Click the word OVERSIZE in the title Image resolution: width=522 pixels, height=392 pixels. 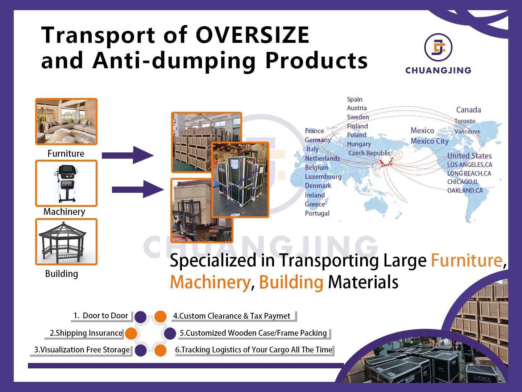[x=252, y=35]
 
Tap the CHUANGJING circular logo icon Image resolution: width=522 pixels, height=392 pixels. [x=438, y=48]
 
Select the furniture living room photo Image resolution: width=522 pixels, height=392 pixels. [x=66, y=122]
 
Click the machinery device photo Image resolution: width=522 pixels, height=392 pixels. [x=66, y=183]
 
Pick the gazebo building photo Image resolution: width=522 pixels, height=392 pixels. [x=66, y=242]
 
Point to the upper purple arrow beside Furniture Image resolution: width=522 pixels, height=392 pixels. [x=128, y=155]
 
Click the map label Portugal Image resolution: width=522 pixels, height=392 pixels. [x=317, y=213]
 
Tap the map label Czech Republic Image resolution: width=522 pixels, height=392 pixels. [x=369, y=153]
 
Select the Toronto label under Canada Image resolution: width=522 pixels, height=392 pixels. [x=465, y=121]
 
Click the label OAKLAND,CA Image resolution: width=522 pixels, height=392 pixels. [x=465, y=191]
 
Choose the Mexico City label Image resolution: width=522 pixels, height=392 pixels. [x=430, y=141]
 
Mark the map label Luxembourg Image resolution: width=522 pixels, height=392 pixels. [x=323, y=177]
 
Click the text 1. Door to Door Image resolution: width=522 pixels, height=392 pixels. [x=101, y=316]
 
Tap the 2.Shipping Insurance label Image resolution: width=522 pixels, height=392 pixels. [x=86, y=333]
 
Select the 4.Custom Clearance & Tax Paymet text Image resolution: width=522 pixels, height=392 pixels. [x=232, y=316]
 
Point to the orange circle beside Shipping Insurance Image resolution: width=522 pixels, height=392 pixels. [x=131, y=334]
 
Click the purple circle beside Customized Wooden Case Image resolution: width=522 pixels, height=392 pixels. [x=170, y=334]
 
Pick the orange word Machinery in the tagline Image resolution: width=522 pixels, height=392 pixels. [x=210, y=282]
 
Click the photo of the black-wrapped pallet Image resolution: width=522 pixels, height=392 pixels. [x=240, y=180]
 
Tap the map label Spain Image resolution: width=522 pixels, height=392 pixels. [x=355, y=99]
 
